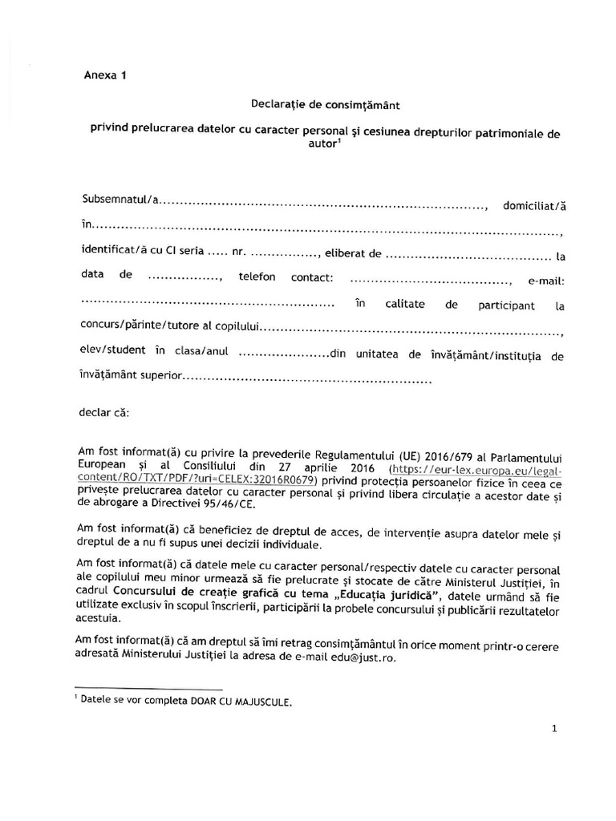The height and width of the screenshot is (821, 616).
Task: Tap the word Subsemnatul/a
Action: point(121,199)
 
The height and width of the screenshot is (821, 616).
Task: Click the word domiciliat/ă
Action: point(533,206)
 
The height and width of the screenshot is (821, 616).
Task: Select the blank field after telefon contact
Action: point(432,281)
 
